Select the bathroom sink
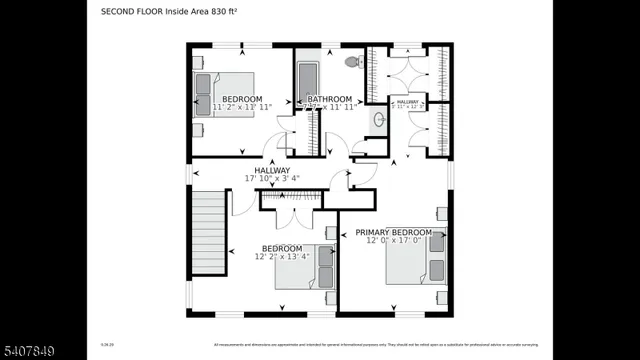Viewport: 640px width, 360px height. pos(378,120)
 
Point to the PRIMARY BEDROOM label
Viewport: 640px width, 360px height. pos(394,232)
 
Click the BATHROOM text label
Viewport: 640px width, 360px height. pos(329,99)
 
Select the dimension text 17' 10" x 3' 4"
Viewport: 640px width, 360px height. pos(272,180)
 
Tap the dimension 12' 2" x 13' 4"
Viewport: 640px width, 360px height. pos(282,257)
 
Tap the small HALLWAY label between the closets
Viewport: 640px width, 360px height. pos(408,102)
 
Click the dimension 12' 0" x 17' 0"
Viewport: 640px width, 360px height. pos(394,241)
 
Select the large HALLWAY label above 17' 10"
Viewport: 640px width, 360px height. pos(272,171)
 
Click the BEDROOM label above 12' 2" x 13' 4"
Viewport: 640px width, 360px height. pos(282,248)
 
